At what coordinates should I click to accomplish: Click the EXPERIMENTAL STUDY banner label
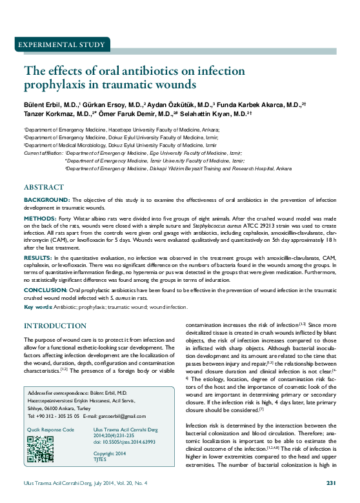pos(62,45)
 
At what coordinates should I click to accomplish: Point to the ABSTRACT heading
pos(44,186)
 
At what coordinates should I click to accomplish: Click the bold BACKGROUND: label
pos(47,200)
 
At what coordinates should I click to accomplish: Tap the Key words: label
pos(39,307)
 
